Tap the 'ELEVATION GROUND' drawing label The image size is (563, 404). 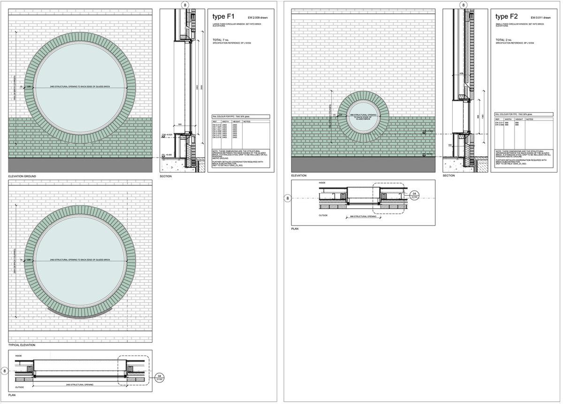pyautogui.click(x=22, y=176)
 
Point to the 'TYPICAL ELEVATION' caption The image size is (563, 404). pyautogui.click(x=22, y=345)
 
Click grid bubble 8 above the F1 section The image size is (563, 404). pyautogui.click(x=185, y=5)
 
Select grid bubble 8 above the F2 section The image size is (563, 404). pyautogui.click(x=464, y=5)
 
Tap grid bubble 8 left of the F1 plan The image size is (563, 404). pyautogui.click(x=5, y=371)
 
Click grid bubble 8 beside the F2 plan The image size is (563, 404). pyautogui.click(x=288, y=198)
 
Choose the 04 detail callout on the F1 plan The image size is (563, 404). pyautogui.click(x=160, y=378)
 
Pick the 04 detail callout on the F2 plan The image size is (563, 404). pyautogui.click(x=414, y=195)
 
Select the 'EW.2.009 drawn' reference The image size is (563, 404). pyautogui.click(x=258, y=18)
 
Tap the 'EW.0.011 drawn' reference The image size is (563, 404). pyautogui.click(x=540, y=18)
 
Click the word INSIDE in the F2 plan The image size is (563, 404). pyautogui.click(x=322, y=183)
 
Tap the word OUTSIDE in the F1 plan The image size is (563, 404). pyautogui.click(x=20, y=388)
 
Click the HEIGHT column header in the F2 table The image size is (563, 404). pyautogui.click(x=519, y=120)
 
